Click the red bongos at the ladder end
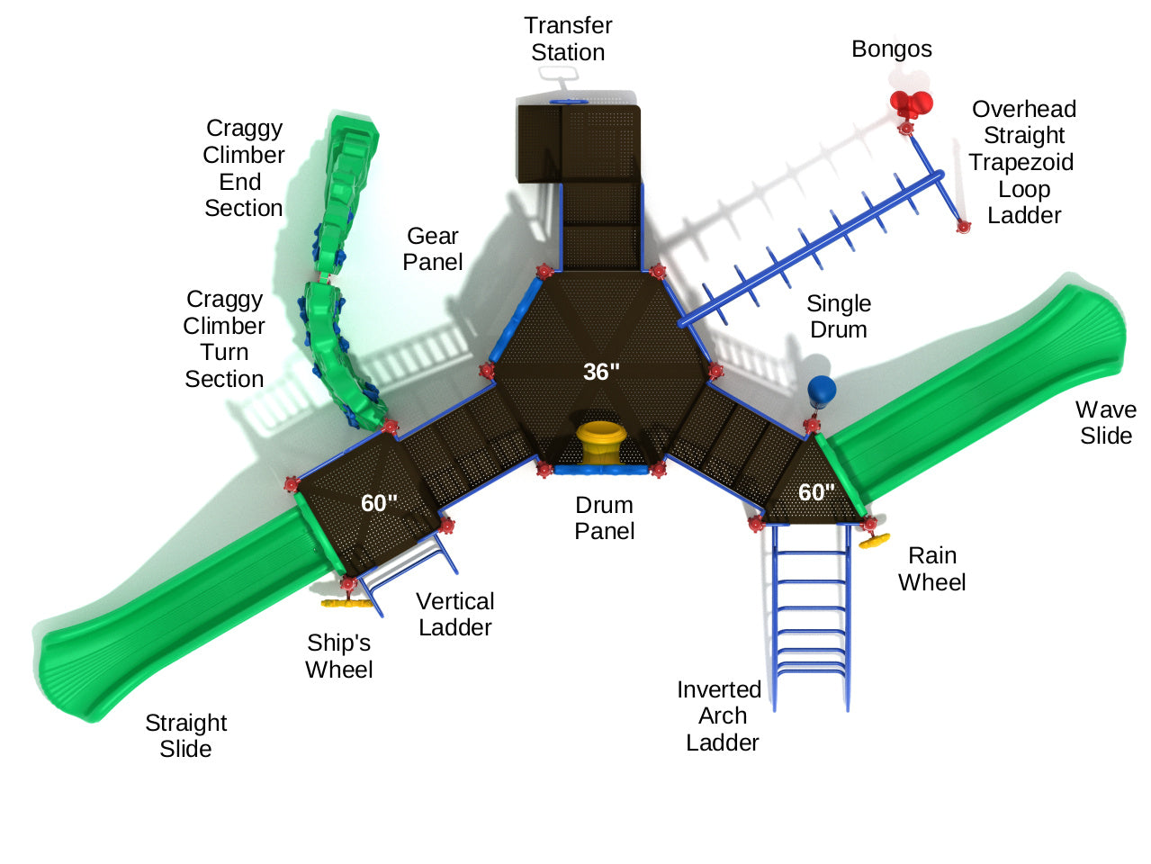[x=912, y=104]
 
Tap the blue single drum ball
[x=822, y=391]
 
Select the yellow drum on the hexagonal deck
[x=601, y=441]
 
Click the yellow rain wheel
[x=874, y=540]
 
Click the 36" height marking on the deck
[x=601, y=372]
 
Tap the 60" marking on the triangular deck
[x=816, y=492]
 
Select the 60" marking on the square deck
[x=379, y=503]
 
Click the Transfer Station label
[x=568, y=39]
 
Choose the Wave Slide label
[x=1106, y=423]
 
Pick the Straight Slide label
[x=186, y=735]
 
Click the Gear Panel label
[x=433, y=249]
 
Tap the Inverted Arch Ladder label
[x=720, y=716]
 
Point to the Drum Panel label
[x=605, y=518]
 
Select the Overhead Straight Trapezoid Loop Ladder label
[x=1023, y=162]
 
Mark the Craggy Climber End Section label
[x=243, y=168]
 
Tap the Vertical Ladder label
[x=455, y=615]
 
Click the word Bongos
[x=892, y=49]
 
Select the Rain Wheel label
[x=931, y=569]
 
